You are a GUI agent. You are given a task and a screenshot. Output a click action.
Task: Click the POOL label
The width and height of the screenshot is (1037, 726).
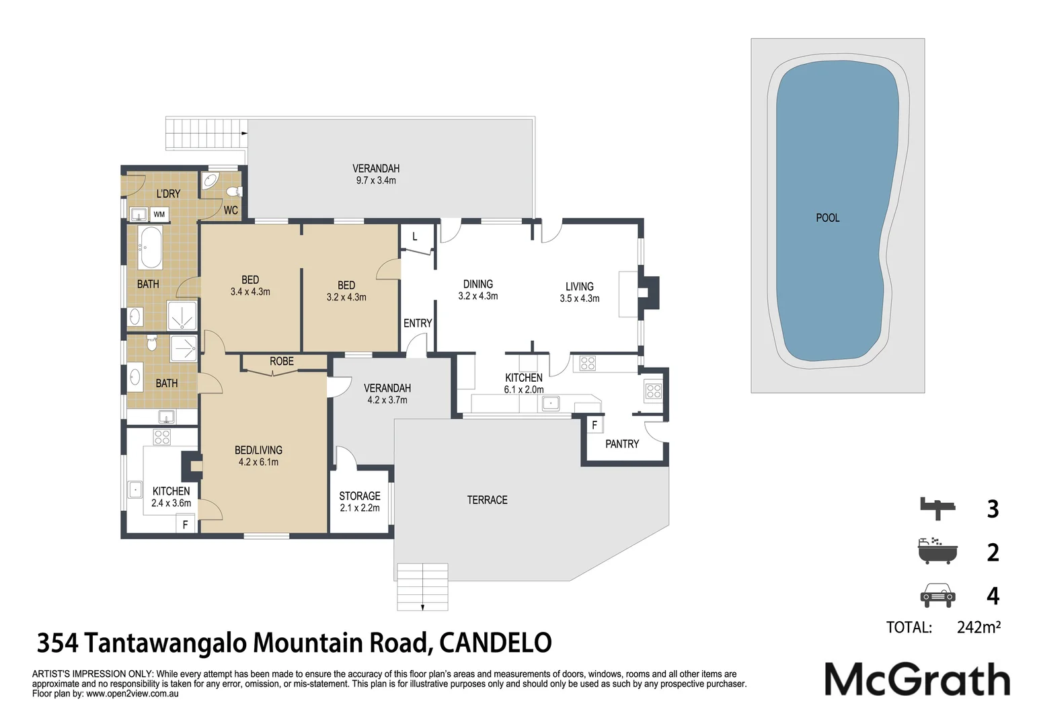tap(827, 218)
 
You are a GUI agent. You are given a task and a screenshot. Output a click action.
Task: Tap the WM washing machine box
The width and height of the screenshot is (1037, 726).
tap(159, 214)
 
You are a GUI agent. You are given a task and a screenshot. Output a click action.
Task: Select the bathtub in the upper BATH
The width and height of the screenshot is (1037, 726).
tap(150, 247)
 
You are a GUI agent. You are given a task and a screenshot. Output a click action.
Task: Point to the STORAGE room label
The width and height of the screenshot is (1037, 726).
tap(360, 496)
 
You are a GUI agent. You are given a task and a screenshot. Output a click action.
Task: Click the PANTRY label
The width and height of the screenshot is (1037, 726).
tap(622, 444)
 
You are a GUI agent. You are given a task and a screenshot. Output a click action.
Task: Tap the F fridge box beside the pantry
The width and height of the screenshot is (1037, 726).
tap(595, 425)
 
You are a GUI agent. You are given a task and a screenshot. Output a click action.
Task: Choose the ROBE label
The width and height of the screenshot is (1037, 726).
tap(282, 361)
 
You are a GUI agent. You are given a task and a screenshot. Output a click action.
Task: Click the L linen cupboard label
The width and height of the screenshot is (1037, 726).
tap(415, 237)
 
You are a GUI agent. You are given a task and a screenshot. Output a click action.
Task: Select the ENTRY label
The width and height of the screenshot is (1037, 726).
tap(418, 323)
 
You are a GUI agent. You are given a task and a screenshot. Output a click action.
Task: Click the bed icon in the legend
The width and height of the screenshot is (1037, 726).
tap(937, 508)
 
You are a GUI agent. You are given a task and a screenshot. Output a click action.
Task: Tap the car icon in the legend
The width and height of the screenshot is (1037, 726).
tap(937, 596)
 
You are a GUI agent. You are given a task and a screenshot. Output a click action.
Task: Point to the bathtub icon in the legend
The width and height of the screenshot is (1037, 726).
tap(937, 551)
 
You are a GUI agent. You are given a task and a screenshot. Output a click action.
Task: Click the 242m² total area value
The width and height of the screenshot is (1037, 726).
tap(978, 627)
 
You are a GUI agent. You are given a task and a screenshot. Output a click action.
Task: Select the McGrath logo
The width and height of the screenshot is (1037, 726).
tap(917, 678)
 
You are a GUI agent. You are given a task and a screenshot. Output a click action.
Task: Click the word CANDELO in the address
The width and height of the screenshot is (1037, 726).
tap(496, 643)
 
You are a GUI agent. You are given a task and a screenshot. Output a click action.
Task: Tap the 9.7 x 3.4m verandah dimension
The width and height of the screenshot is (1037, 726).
tap(376, 180)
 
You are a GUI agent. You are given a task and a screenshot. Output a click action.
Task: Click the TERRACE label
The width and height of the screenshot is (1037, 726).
tap(487, 500)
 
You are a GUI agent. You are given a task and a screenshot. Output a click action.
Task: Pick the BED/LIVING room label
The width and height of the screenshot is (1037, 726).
tap(258, 450)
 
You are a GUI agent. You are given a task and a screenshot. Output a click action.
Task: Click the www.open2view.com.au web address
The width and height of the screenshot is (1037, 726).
tap(132, 694)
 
